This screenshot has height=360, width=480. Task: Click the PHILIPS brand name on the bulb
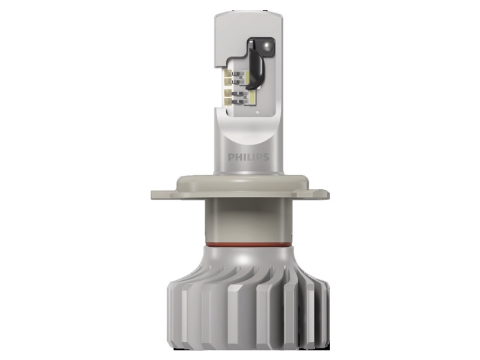pyautogui.click(x=248, y=157)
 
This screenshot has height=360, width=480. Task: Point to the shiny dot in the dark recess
pyautogui.click(x=267, y=46)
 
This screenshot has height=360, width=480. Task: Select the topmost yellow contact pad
pyautogui.click(x=228, y=73)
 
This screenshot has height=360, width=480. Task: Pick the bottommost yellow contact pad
pyautogui.click(x=228, y=102)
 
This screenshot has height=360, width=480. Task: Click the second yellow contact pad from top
pyautogui.click(x=228, y=81)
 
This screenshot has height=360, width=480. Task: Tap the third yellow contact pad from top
pyautogui.click(x=228, y=94)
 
